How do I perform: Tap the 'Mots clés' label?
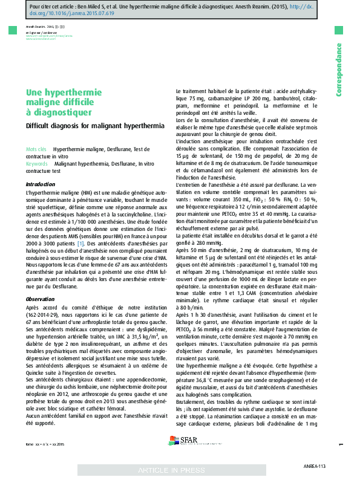(x=36, y=149)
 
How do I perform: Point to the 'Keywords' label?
(x=37, y=163)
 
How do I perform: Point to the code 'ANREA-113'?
(x=314, y=467)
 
